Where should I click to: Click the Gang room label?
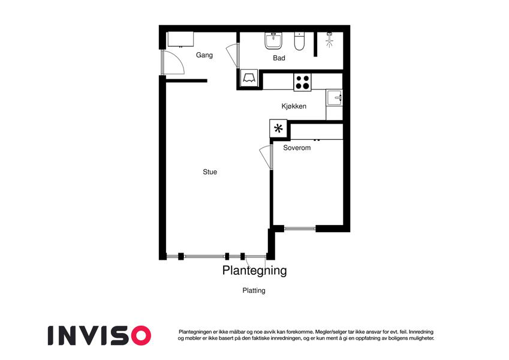pyautogui.click(x=204, y=55)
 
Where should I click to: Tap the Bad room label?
pyautogui.click(x=279, y=58)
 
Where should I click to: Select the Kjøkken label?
pyautogui.click(x=294, y=106)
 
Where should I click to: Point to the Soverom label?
pyautogui.click(x=297, y=148)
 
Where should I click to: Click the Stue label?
pyautogui.click(x=210, y=172)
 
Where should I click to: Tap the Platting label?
pyautogui.click(x=254, y=290)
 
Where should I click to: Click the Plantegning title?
pyautogui.click(x=254, y=271)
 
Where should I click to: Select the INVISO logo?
pyautogui.click(x=100, y=335)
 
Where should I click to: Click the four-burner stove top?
pyautogui.click(x=302, y=82)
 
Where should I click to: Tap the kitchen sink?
pyautogui.click(x=335, y=97)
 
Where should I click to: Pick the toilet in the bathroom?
pyautogui.click(x=299, y=41)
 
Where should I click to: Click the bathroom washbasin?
pyautogui.click(x=273, y=41)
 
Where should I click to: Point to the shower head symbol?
pyautogui.click(x=330, y=40)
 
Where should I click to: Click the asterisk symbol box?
pyautogui.click(x=278, y=128)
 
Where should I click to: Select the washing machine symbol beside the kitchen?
pyautogui.click(x=249, y=78)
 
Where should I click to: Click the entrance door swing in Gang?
pyautogui.click(x=173, y=62)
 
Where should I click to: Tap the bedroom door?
pyautogui.click(x=266, y=157)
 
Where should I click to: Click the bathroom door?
pyautogui.click(x=233, y=56)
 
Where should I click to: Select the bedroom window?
pyautogui.click(x=300, y=229)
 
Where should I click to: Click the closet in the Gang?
pyautogui.click(x=180, y=40)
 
